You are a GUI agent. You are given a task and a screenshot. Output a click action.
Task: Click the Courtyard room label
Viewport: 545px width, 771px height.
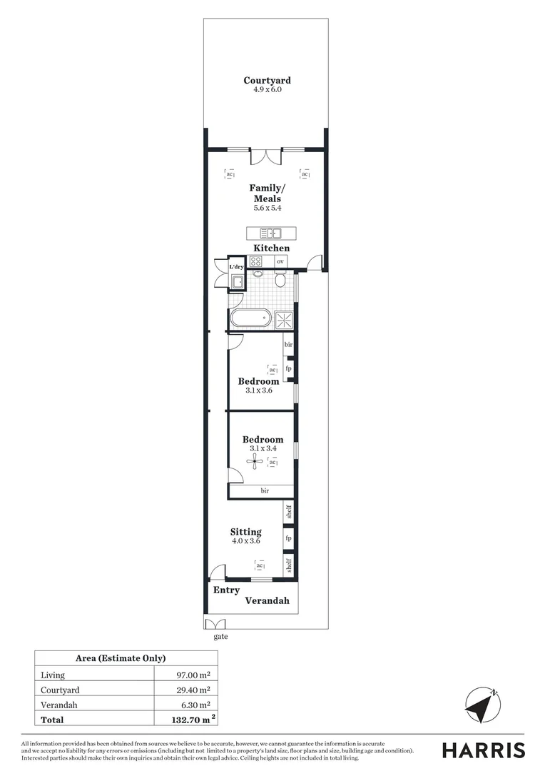click(267, 81)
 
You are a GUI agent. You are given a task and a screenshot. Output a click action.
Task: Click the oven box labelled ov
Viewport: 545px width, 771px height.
click(280, 261)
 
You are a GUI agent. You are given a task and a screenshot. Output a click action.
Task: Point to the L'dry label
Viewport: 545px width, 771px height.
click(236, 267)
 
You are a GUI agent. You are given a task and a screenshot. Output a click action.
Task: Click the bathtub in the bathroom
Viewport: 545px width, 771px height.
click(250, 318)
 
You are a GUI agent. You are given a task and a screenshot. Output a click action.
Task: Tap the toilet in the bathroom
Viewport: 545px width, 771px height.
click(280, 281)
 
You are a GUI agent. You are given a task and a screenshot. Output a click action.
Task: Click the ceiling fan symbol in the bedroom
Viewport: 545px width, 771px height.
click(255, 462)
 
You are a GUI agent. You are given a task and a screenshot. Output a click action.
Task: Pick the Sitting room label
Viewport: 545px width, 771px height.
click(245, 532)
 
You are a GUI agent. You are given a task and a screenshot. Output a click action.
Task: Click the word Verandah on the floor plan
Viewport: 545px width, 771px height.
click(268, 601)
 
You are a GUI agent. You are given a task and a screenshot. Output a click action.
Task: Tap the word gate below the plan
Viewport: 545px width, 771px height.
click(220, 636)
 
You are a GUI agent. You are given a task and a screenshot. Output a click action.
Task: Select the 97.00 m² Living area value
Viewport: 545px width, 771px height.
click(193, 675)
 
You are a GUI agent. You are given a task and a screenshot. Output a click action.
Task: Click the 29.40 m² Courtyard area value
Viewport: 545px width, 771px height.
click(193, 690)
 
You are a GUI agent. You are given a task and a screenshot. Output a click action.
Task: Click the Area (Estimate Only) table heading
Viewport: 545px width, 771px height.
click(121, 658)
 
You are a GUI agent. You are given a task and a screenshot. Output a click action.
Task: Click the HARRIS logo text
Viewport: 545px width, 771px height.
click(483, 750)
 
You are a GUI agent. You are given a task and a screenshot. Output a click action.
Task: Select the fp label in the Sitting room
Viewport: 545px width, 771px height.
click(288, 538)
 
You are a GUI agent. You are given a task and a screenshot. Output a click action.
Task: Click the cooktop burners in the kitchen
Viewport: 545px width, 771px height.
click(256, 261)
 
